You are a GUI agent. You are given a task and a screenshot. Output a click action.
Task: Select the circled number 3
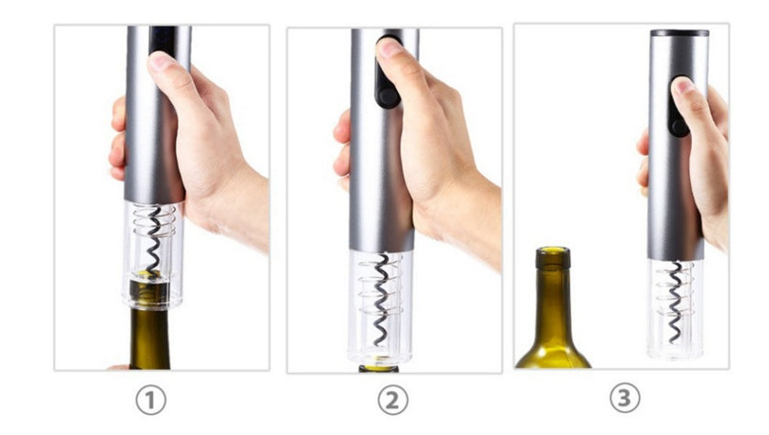coord(624,397)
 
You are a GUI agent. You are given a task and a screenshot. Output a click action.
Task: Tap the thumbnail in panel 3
coord(683,87)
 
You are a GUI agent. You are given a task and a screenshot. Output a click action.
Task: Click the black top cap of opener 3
coord(679,33)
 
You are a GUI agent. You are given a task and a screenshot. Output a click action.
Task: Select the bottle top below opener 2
coord(378,368)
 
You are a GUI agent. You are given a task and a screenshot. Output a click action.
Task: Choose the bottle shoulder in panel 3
coord(550,344)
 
